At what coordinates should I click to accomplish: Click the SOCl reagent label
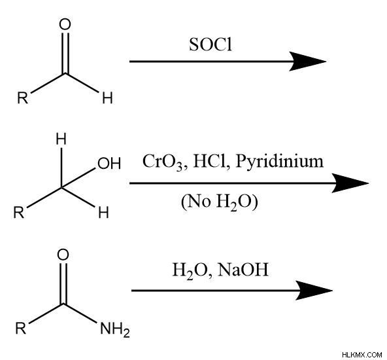(210, 45)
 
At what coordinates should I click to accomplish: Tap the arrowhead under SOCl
(308, 62)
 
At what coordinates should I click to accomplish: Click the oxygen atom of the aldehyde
(65, 25)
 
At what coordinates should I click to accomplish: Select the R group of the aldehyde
(23, 98)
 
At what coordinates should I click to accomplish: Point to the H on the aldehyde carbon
(107, 98)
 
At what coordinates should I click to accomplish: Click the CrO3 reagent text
(163, 162)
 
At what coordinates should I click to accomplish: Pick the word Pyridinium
(279, 162)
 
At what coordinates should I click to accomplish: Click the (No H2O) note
(220, 202)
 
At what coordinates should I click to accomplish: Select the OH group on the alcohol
(109, 164)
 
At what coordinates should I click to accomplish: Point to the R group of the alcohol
(19, 212)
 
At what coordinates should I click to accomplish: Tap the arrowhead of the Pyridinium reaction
(350, 183)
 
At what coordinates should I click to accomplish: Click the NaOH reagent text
(243, 269)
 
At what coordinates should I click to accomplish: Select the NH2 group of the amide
(115, 330)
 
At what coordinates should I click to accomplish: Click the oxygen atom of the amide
(63, 255)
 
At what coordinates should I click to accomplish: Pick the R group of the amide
(21, 328)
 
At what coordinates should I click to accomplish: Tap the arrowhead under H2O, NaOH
(314, 291)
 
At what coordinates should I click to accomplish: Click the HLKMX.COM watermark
(362, 355)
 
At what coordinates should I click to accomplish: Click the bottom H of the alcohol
(103, 212)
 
